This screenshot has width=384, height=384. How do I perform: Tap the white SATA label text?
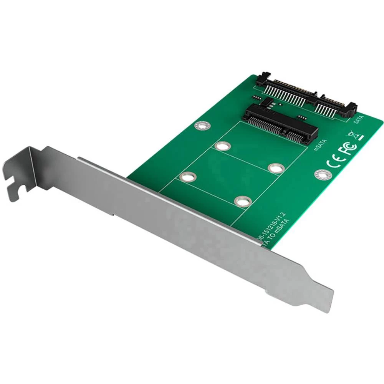[x=356, y=120]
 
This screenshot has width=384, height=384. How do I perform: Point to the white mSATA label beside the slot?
[x=320, y=145]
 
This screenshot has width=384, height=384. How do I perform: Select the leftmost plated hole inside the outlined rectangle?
[x=188, y=177]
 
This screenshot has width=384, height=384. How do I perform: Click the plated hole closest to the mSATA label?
[x=276, y=168]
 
